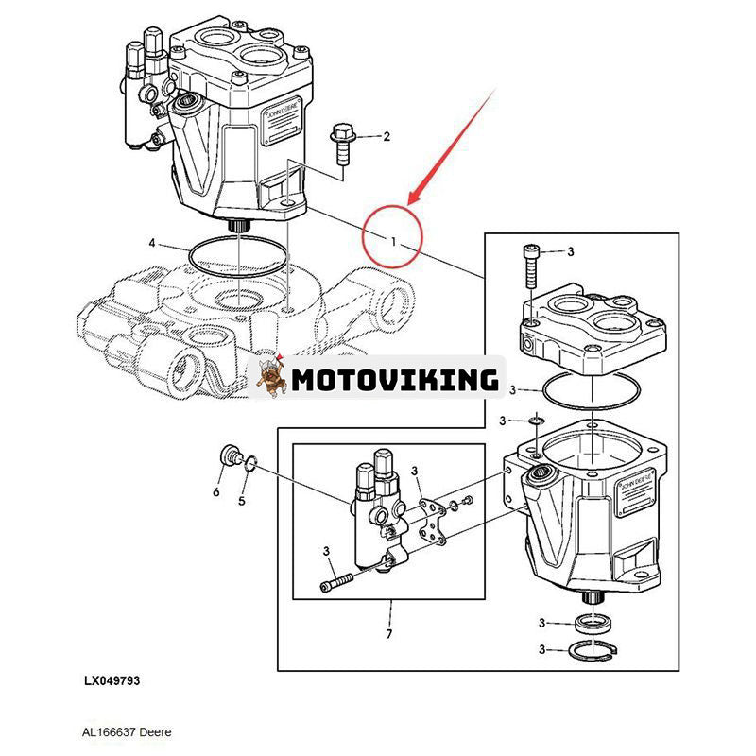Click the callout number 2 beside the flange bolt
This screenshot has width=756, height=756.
tap(386, 137)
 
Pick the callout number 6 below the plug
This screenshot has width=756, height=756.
tap(215, 491)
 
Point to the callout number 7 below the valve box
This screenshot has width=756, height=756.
tap(387, 632)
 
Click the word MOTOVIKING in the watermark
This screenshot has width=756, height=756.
tap(394, 380)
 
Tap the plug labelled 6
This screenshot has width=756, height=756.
tap(228, 457)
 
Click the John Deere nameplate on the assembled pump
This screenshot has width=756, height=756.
tap(283, 129)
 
